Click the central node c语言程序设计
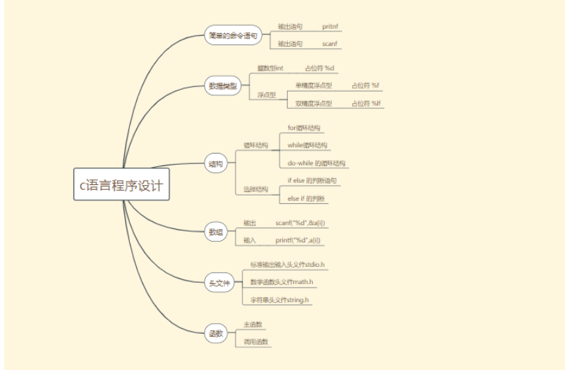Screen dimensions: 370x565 [x=122, y=184]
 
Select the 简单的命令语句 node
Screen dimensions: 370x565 [x=232, y=36]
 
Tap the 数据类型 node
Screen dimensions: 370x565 [x=223, y=87]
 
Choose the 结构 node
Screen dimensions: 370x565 [x=216, y=164]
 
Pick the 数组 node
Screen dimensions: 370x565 [x=216, y=232]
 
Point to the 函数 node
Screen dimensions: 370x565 [x=216, y=333]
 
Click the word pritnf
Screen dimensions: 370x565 [x=330, y=27]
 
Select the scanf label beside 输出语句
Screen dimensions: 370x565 [x=330, y=44]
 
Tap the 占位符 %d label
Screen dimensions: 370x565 [x=320, y=68]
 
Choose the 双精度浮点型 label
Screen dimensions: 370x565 [x=313, y=103]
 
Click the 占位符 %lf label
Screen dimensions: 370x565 [x=366, y=103]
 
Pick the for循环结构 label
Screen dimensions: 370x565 [x=305, y=128]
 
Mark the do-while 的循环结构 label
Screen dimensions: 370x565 [x=316, y=163]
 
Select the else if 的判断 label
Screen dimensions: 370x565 [x=307, y=199]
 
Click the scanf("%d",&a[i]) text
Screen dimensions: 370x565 [x=299, y=223]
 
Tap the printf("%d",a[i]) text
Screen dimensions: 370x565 [x=298, y=240]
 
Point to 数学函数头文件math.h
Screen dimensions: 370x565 [x=281, y=282]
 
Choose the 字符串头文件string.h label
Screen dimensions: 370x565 [x=279, y=299]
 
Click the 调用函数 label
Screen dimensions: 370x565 [x=256, y=342]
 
